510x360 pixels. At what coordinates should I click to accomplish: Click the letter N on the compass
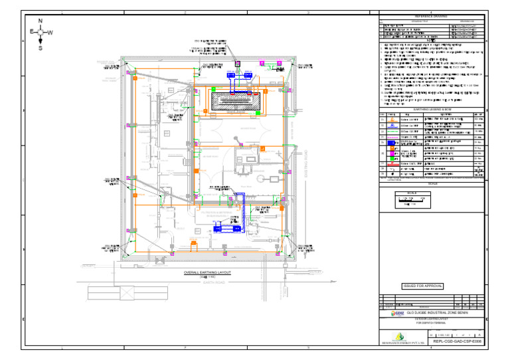pyautogui.click(x=41, y=21)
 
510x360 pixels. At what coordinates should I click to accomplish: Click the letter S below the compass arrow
pyautogui.click(x=41, y=48)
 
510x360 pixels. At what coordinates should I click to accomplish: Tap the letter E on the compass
pyautogui.click(x=31, y=32)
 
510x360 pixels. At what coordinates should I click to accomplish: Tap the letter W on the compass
pyautogui.click(x=50, y=33)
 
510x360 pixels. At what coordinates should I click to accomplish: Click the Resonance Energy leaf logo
pyautogui.click(x=398, y=336)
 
